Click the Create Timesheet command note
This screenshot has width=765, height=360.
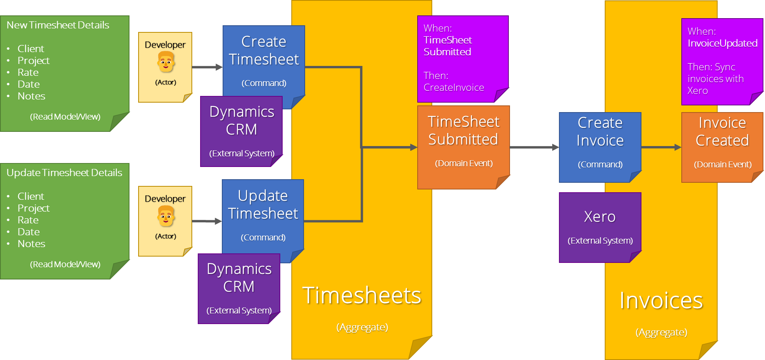click(x=264, y=59)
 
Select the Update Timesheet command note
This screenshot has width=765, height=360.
click(x=263, y=213)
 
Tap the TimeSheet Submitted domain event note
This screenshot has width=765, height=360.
click(x=463, y=142)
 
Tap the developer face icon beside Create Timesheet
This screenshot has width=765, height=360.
click(x=166, y=62)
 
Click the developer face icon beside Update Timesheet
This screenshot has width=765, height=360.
click(x=166, y=216)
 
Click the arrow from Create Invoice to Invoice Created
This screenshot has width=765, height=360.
click(x=661, y=147)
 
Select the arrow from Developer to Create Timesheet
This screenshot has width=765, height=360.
click(x=207, y=67)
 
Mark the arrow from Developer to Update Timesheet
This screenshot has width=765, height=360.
click(x=207, y=221)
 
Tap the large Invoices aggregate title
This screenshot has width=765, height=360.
click(x=661, y=300)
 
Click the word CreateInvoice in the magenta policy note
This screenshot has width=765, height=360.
click(x=454, y=88)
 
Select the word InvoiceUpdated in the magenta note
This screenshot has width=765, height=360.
click(x=722, y=43)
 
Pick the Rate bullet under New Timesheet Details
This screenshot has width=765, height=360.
click(x=28, y=73)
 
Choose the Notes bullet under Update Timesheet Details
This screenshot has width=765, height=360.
click(x=31, y=244)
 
